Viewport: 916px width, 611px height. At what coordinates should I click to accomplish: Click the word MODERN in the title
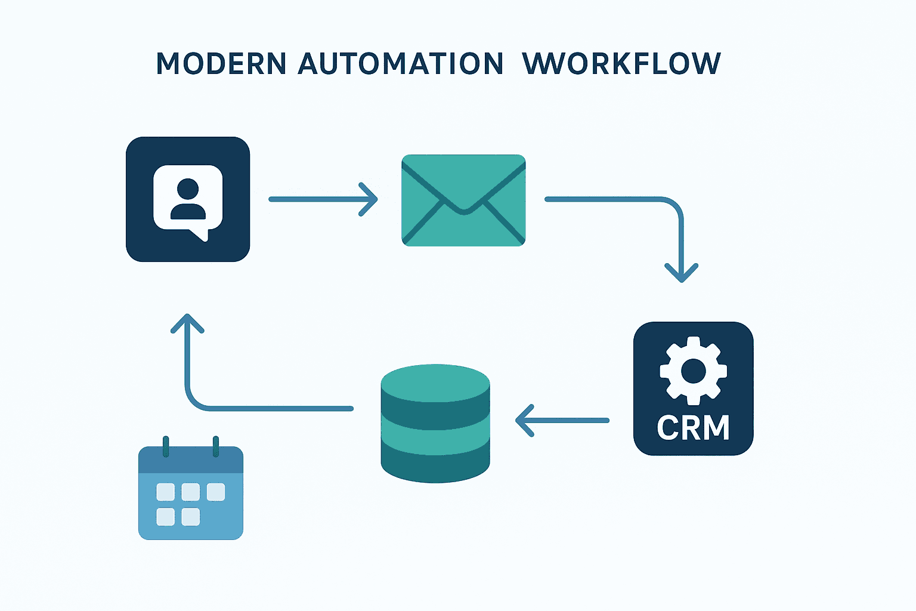tap(221, 64)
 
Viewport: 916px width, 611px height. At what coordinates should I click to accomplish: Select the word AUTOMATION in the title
tap(400, 64)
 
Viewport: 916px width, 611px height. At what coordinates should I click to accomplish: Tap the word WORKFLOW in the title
tap(621, 64)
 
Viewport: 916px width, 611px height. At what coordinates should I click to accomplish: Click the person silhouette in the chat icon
tap(188, 199)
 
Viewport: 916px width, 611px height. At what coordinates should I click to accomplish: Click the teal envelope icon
tap(463, 200)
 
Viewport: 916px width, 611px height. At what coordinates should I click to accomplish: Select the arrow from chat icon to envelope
tap(322, 199)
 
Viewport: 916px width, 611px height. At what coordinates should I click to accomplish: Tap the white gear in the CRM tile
tap(693, 371)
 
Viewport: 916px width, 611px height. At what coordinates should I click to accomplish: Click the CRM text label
tap(693, 428)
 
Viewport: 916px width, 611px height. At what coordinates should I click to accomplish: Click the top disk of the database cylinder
tap(435, 382)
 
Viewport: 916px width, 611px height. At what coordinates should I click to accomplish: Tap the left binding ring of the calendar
tap(166, 446)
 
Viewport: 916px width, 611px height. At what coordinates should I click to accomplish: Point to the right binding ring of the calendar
tap(216, 446)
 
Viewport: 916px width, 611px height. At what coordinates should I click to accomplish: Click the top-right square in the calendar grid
tap(216, 492)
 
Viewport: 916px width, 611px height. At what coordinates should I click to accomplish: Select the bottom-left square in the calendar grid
tap(165, 517)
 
